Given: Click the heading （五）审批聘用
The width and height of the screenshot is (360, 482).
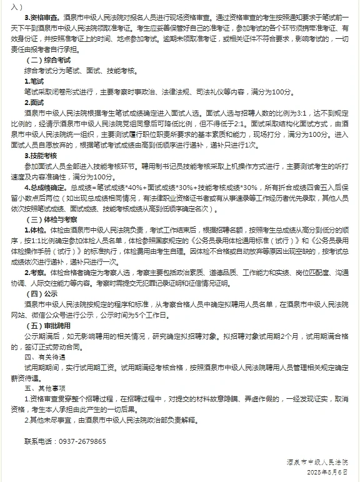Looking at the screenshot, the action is (x=47, y=325).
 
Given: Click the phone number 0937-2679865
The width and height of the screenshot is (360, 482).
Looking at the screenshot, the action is (x=82, y=441).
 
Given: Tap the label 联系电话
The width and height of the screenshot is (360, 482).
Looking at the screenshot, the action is (x=39, y=441).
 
